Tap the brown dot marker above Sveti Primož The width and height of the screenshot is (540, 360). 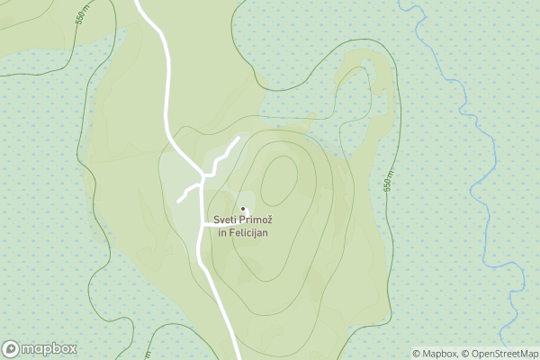pyautogui.click(x=242, y=210)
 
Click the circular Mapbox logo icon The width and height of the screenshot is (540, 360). pyautogui.click(x=11, y=349)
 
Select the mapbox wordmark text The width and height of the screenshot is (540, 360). pyautogui.click(x=49, y=349)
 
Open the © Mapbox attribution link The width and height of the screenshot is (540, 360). pyautogui.click(x=436, y=354)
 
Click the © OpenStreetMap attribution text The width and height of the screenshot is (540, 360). pyautogui.click(x=500, y=354)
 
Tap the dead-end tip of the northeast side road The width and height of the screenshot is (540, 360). pyautogui.click(x=238, y=138)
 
